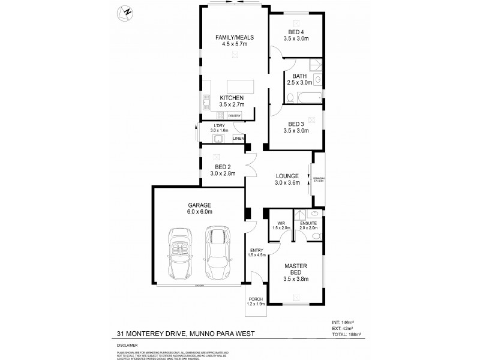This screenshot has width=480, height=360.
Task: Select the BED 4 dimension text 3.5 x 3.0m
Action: coord(296,38)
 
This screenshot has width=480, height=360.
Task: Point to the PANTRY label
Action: coord(234,115)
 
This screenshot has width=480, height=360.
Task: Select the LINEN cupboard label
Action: coord(238,139)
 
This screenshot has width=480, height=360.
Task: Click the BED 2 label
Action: coord(223,166)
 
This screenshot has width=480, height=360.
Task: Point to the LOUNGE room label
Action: coord(287,176)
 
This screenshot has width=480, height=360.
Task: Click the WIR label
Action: coord(281,223)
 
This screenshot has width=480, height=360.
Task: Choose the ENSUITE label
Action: coord(308,223)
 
